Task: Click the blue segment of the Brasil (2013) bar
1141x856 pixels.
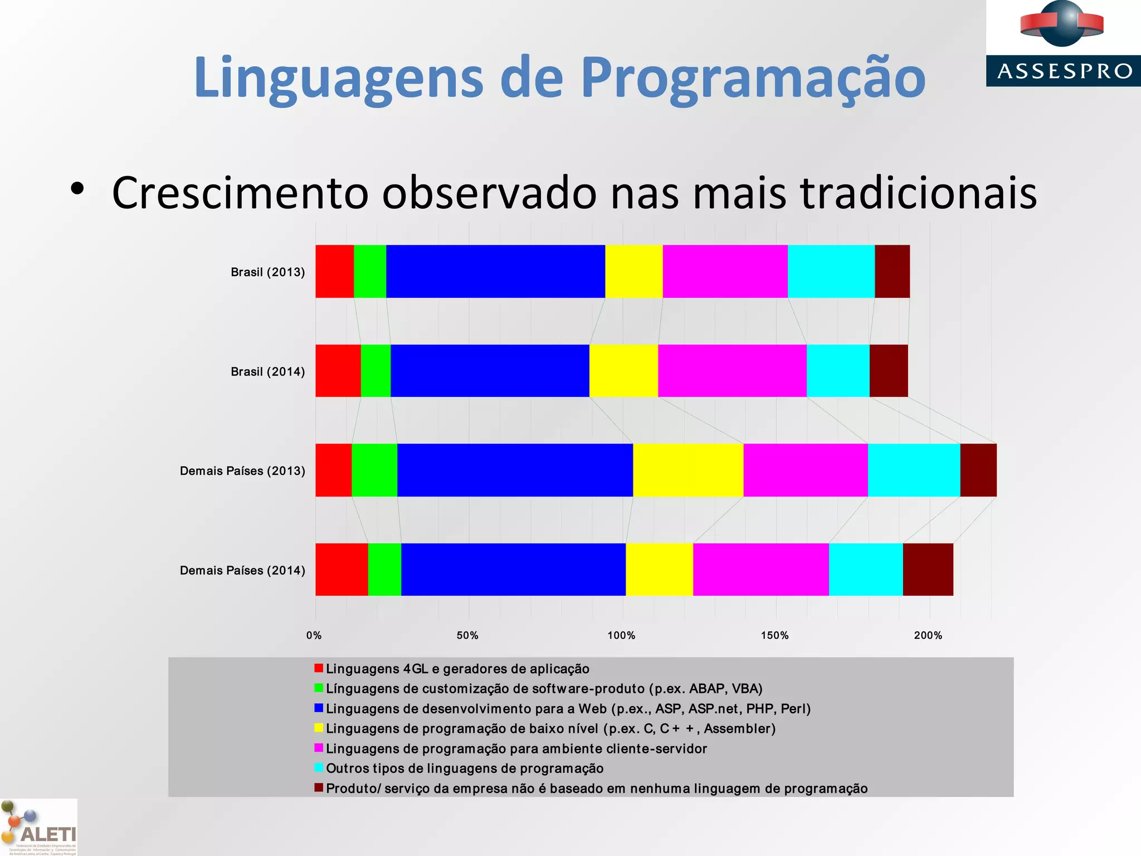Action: coord(495,271)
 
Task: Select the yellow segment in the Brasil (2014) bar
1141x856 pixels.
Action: coord(623,371)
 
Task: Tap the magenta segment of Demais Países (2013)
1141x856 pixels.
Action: coord(805,470)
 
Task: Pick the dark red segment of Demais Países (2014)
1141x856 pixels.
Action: coord(928,570)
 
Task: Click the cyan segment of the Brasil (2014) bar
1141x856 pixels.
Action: coord(838,371)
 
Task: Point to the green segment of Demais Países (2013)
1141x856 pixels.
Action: coord(374,470)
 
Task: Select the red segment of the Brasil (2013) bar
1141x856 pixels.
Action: coord(334,271)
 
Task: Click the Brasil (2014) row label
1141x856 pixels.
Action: coord(267,372)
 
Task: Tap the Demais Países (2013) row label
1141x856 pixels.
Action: coord(242,471)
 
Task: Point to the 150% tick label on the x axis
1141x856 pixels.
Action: coord(775,635)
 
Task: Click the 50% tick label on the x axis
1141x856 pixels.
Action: coord(467,635)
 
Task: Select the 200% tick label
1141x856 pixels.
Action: coord(928,635)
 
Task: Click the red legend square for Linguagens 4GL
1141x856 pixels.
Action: coord(319,668)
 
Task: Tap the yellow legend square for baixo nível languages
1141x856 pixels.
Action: coord(319,728)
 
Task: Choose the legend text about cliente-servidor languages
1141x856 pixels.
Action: coord(516,748)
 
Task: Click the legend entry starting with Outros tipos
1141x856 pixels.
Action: coord(465,769)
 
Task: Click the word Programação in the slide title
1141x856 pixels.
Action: coord(753,78)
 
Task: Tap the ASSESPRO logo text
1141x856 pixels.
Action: coord(1065,71)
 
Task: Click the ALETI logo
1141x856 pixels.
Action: coord(38,828)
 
